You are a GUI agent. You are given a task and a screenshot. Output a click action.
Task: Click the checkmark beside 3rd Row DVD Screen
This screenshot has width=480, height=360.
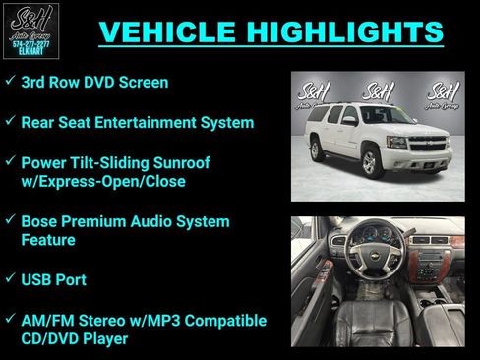pyautogui.click(x=9, y=83)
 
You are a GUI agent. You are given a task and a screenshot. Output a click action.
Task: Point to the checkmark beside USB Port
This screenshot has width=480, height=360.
pyautogui.click(x=9, y=280)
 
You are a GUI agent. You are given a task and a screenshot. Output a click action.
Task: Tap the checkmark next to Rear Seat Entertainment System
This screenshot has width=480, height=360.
pyautogui.click(x=9, y=122)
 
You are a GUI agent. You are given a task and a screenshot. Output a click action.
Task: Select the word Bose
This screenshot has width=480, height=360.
pyautogui.click(x=40, y=221)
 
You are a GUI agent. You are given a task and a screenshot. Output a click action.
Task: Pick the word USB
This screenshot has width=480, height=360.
pyautogui.click(x=38, y=280)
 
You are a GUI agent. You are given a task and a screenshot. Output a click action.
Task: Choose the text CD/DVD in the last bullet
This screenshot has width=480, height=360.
pyautogui.click(x=50, y=339)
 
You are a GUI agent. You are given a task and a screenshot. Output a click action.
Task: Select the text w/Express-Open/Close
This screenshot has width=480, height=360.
pyautogui.click(x=103, y=181)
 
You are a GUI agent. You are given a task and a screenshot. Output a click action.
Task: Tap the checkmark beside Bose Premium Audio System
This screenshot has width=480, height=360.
pyautogui.click(x=9, y=221)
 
